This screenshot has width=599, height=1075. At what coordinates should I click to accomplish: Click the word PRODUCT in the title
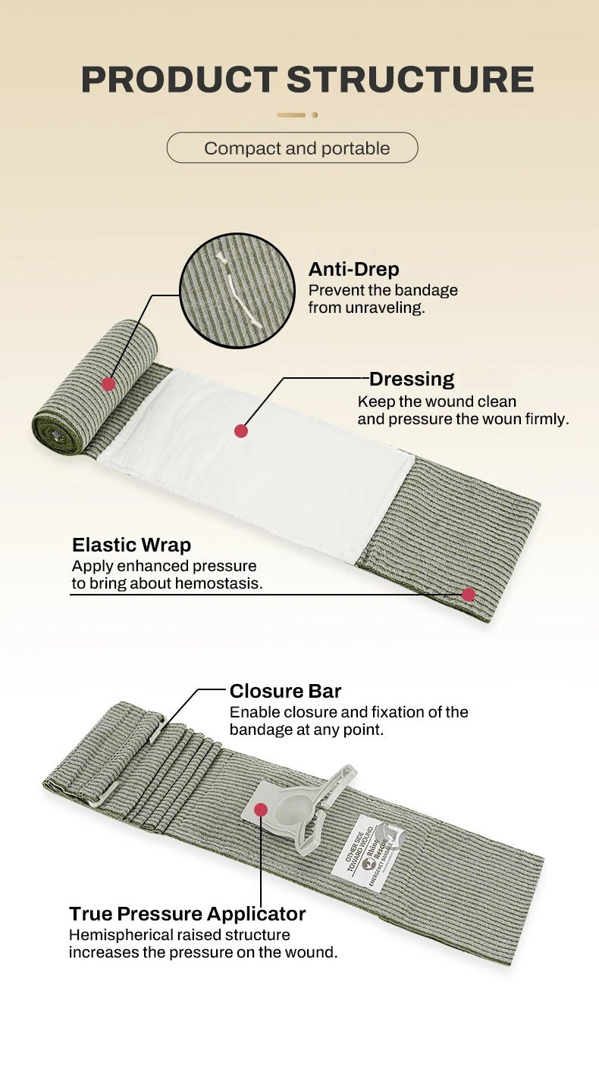[179, 80]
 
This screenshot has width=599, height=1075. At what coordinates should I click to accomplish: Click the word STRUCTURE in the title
[410, 80]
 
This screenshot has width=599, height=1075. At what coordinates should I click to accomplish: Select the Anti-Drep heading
[353, 269]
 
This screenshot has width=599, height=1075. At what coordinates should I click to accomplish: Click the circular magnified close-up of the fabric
[237, 290]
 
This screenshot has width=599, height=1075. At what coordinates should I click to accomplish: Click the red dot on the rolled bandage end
[108, 384]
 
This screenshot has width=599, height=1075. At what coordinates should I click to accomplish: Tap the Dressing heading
[412, 379]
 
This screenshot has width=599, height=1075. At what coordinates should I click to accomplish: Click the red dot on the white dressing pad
[241, 431]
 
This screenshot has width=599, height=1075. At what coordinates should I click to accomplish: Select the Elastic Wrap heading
[131, 545]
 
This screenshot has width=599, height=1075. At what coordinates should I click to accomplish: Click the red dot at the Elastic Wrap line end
[469, 595]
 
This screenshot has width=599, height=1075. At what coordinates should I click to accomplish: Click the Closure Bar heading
[285, 691]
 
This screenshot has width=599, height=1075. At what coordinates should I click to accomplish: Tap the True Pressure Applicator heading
[187, 914]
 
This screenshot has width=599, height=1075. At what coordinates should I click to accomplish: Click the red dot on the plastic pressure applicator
[261, 810]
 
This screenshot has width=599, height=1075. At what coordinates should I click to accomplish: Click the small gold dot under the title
[315, 115]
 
